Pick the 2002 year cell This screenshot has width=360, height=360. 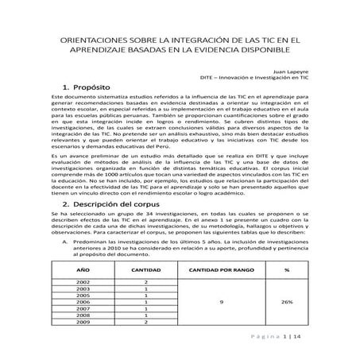(x=82, y=282)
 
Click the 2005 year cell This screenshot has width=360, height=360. (x=82, y=296)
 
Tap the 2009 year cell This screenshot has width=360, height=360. (x=82, y=322)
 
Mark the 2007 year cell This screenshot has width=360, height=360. (x=82, y=309)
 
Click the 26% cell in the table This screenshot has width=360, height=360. (x=285, y=302)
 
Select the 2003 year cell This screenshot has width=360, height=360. (x=82, y=289)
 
